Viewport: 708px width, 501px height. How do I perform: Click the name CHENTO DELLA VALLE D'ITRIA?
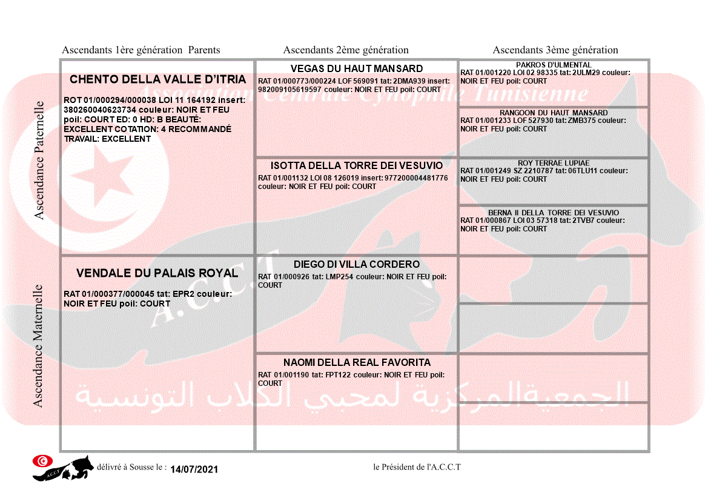pos(157,79)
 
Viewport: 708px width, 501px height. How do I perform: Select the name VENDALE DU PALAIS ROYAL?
pos(157,274)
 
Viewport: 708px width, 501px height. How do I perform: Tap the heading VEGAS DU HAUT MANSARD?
pos(357,68)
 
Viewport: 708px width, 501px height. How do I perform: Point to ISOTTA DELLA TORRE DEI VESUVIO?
pos(357,165)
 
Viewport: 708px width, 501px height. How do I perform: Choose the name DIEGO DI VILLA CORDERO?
pos(357,264)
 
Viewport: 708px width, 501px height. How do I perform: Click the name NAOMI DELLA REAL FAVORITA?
pos(357,362)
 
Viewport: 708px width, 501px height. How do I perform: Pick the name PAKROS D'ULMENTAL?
pos(554,65)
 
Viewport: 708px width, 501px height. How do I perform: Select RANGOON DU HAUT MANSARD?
pos(554,113)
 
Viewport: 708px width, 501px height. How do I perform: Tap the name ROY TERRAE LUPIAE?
pos(554,163)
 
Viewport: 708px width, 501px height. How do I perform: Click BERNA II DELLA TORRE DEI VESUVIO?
pos(554,213)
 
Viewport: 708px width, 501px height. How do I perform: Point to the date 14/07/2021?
pos(194,469)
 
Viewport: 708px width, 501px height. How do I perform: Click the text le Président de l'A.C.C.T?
pos(417,467)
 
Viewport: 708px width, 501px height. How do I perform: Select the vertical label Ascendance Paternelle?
pos(39,161)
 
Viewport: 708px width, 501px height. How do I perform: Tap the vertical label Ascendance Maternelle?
pos(38,346)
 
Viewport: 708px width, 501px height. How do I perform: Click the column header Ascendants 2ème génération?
pos(346,50)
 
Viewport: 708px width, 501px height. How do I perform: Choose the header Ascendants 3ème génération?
pos(555,50)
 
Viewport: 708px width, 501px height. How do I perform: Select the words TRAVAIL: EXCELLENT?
pos(107,139)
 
